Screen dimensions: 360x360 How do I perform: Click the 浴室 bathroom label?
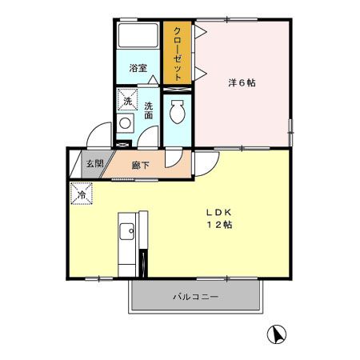138,68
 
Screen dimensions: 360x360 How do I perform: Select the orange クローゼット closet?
178,53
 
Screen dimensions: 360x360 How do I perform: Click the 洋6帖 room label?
241,82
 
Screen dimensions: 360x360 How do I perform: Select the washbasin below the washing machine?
126,124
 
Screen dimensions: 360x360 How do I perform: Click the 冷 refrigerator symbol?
81,194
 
